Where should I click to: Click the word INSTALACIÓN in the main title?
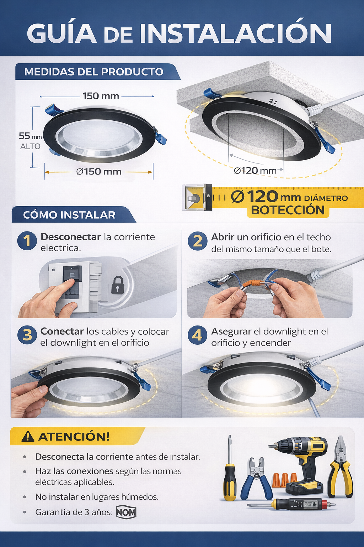[235, 33]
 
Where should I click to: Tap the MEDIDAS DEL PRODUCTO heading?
[93, 72]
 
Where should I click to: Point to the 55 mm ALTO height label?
[30, 141]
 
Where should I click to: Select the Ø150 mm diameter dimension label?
[99, 172]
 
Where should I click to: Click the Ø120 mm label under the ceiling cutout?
[255, 171]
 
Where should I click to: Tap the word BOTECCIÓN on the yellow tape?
[288, 210]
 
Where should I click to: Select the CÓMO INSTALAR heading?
[69, 215]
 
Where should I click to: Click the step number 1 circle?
[27, 241]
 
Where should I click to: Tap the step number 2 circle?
[198, 241]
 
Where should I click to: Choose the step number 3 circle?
[27, 335]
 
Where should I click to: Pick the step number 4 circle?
[197, 335]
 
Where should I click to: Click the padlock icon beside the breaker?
[117, 285]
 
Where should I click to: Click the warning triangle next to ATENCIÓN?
[28, 437]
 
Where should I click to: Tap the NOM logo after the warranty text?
[126, 512]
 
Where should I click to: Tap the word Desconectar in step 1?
[71, 237]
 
